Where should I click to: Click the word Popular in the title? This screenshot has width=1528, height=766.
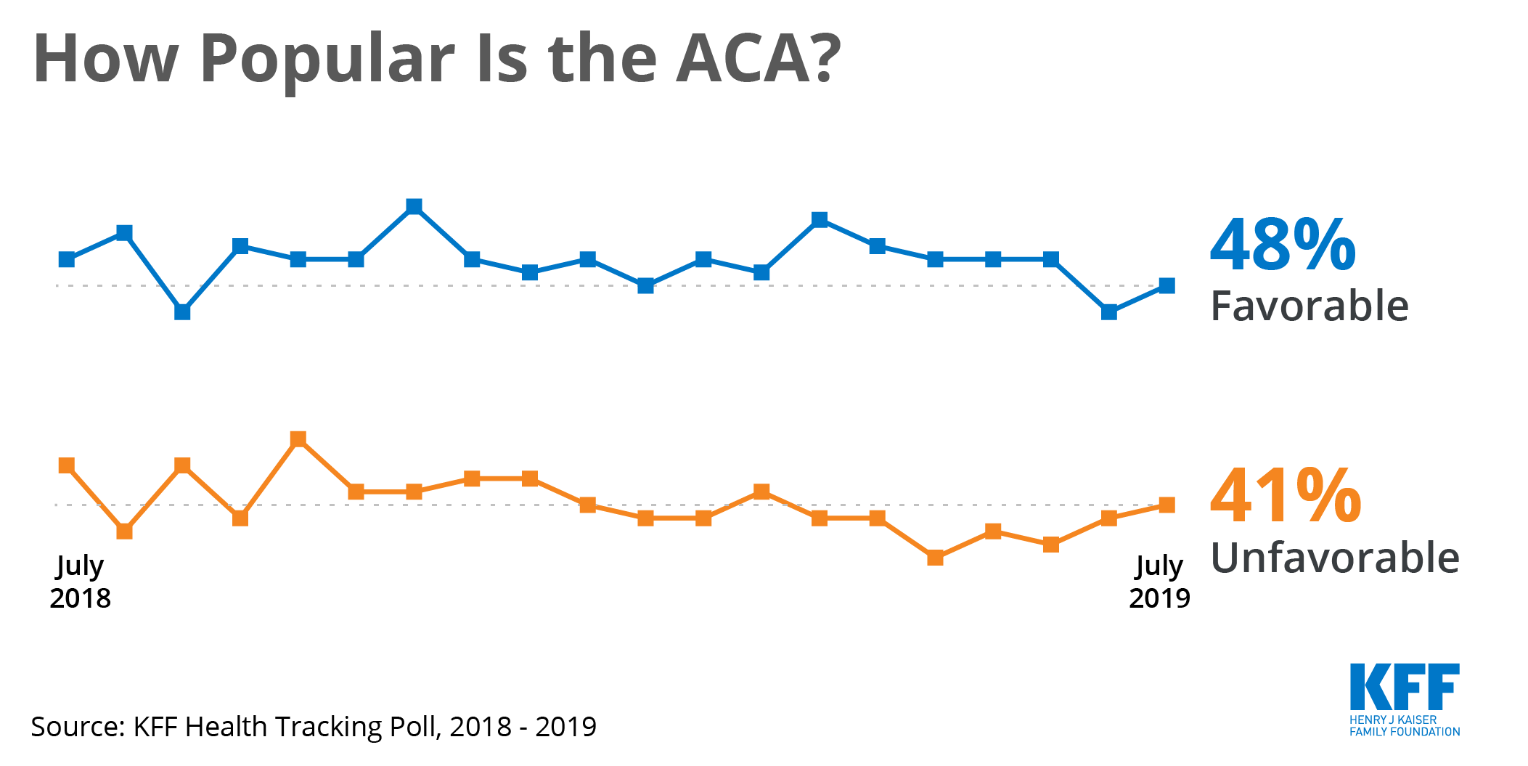tap(327, 60)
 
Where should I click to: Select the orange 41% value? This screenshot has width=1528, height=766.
tap(1285, 497)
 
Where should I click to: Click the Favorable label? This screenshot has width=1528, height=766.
tap(1309, 306)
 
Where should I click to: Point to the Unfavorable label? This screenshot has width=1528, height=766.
tap(1334, 558)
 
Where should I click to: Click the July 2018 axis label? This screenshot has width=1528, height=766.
tap(80, 582)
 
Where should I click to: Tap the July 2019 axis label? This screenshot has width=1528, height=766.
tap(1159, 582)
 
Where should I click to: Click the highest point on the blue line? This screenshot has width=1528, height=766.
tap(414, 206)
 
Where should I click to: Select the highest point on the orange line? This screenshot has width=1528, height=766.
tap(298, 439)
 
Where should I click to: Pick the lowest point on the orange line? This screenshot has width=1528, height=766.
tap(935, 558)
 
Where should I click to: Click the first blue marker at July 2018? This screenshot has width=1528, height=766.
tap(67, 259)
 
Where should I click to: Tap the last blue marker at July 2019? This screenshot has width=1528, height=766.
tap(1167, 285)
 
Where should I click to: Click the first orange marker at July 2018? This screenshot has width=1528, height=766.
tap(67, 465)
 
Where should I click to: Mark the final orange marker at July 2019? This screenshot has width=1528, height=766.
tap(1167, 505)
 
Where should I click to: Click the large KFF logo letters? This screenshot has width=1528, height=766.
tap(1404, 687)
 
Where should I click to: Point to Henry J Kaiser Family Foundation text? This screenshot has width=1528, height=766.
tap(1404, 726)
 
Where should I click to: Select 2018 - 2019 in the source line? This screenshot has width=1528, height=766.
tap(523, 727)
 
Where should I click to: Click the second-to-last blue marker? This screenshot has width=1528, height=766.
tap(1108, 312)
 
